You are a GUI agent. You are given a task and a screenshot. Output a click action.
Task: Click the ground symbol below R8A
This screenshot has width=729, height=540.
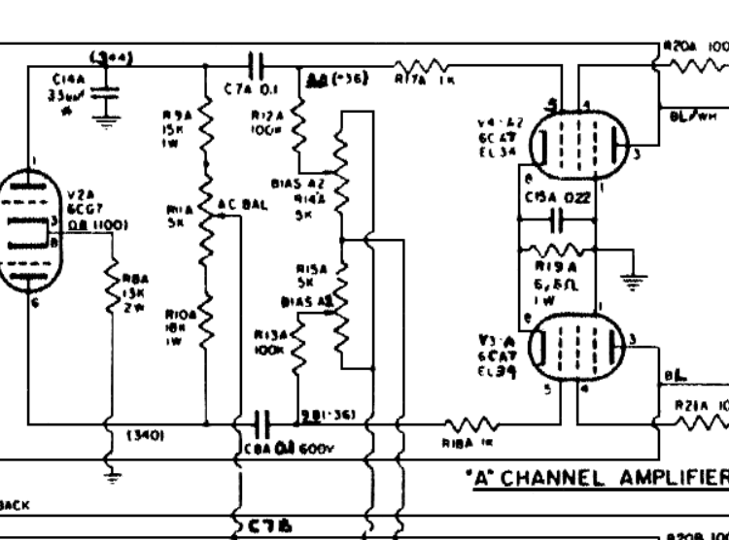pyautogui.click(x=111, y=476)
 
